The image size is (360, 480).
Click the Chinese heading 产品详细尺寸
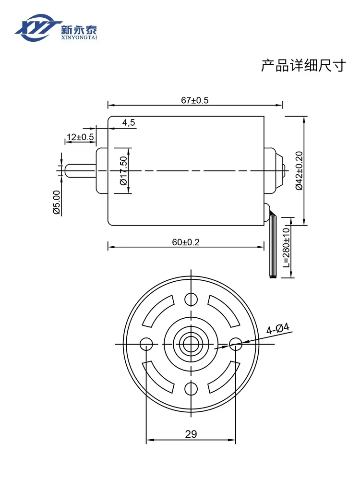[x=303, y=65]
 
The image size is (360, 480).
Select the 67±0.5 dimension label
[x=195, y=100]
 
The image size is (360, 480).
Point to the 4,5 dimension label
[x=129, y=123]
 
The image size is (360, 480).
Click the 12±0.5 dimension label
[x=80, y=137]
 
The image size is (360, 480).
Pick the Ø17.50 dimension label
[x=123, y=171]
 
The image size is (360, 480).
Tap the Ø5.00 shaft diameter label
[x=56, y=202]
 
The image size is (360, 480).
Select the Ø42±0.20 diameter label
[x=299, y=170]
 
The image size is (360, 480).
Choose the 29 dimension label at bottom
[x=191, y=434]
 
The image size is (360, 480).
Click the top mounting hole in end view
[x=191, y=299]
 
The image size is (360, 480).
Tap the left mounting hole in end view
[x=146, y=344]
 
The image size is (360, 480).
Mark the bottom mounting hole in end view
[x=191, y=388]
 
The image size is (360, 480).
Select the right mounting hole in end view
[x=236, y=344]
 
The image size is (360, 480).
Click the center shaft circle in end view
[x=191, y=344]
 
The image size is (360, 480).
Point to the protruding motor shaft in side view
[x=80, y=171]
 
